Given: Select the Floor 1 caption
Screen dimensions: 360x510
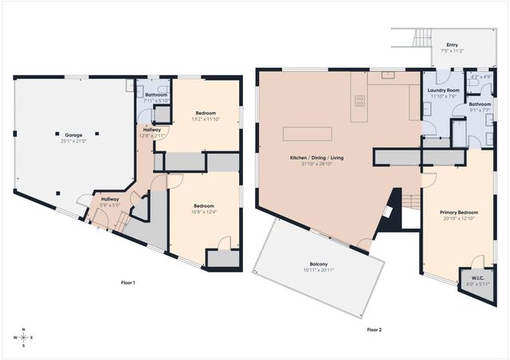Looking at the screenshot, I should pos(127,284).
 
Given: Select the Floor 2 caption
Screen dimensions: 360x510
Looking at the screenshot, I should pos(374,328).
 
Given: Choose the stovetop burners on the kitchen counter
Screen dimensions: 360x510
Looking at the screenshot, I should pos(359,100).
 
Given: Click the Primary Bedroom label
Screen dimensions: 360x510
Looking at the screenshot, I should pos(460,213).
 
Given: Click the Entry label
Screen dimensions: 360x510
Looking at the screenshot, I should pos(452,45).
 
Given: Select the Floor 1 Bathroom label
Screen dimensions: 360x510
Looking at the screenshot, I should pos(155,95).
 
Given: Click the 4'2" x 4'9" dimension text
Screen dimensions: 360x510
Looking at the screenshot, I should pos(481,77).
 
